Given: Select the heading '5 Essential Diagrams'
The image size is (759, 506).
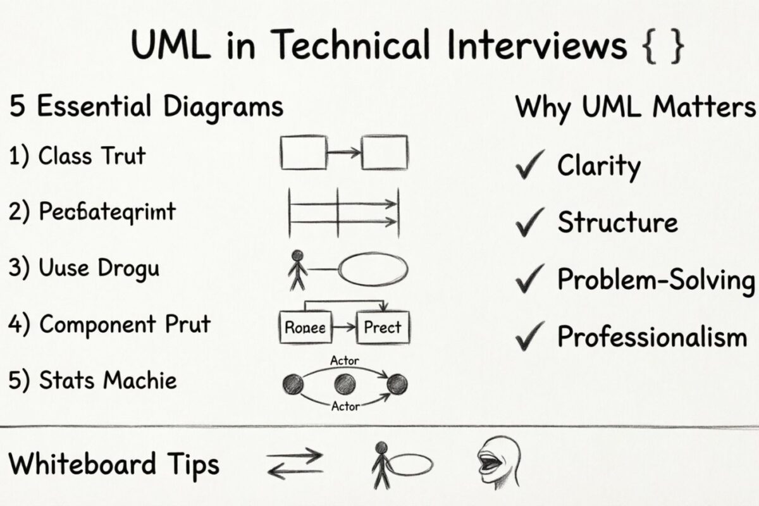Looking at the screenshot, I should pos(146,106).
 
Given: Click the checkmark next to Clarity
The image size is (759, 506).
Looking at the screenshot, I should pos(530,166).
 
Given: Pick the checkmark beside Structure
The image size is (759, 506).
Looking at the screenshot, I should pos(530,223).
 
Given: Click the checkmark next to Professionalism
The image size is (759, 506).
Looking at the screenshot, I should pos(530,337).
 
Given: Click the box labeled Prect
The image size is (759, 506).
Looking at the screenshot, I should pos(383,327).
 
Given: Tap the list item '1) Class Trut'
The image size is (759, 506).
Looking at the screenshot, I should pos(77,156).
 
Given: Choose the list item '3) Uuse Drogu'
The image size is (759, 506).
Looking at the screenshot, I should pos(83,268).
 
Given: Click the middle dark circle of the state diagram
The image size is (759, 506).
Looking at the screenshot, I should pos(344,383).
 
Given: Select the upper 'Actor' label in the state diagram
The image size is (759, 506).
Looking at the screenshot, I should pos(345,361).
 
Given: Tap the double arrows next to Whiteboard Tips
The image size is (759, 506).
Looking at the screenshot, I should pos(295,464).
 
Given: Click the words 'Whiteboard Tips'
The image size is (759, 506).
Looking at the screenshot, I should pos(114,464).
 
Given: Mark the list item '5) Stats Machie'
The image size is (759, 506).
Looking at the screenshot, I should pos(92,381).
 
